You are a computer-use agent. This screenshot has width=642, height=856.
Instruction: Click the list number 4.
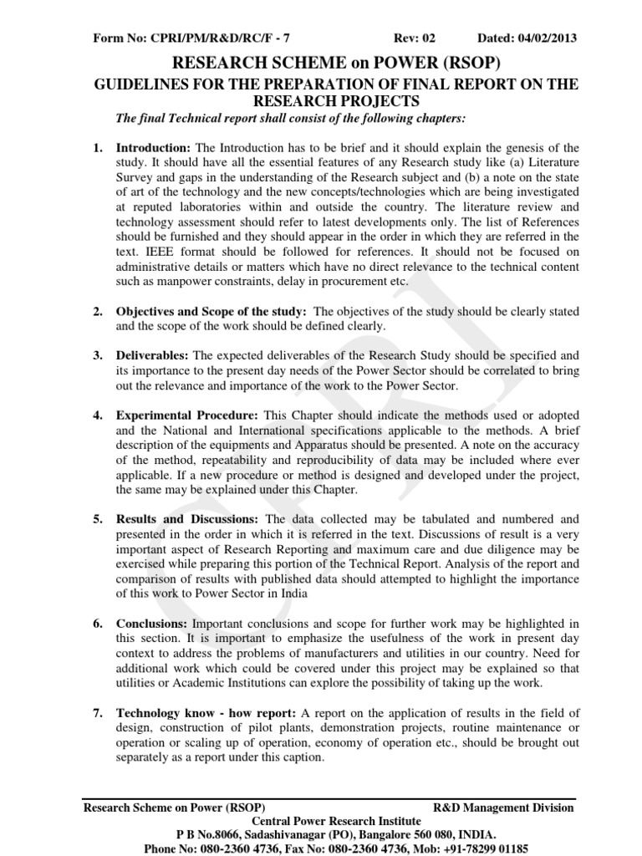point(98,415)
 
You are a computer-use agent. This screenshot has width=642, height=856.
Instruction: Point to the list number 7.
point(98,713)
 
